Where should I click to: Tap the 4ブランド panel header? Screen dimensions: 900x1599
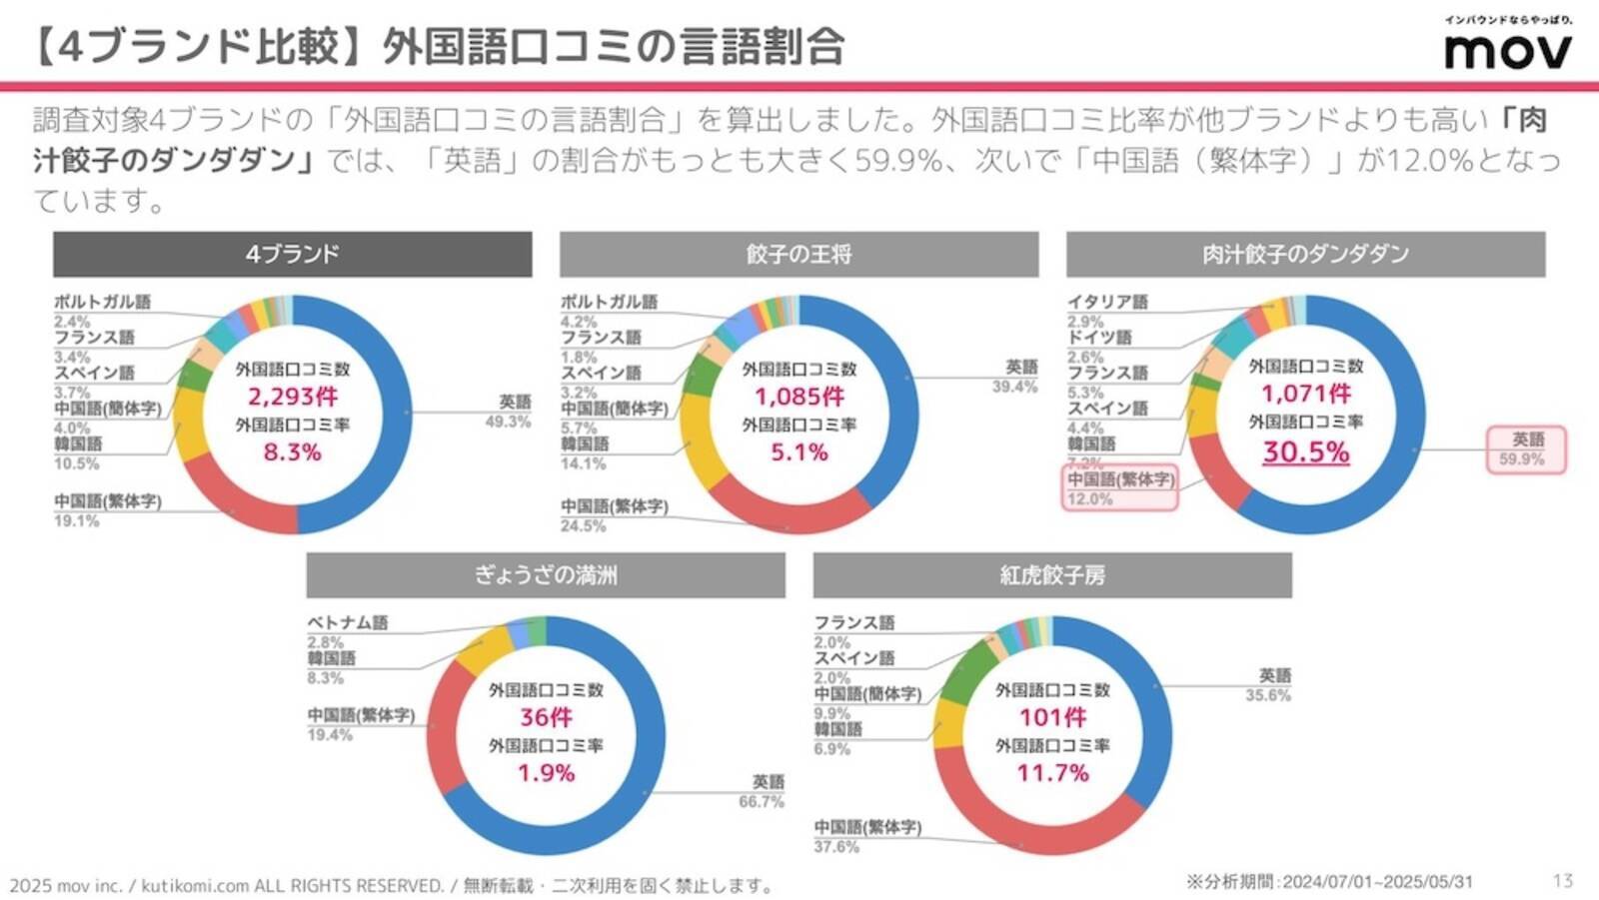click(x=292, y=254)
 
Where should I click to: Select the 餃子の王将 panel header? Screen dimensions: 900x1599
click(x=799, y=254)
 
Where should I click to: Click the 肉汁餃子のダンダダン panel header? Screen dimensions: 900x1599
click(x=1305, y=254)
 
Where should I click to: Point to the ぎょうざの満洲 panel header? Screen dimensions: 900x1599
click(x=546, y=574)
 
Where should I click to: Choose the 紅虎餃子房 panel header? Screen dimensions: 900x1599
click(x=1052, y=574)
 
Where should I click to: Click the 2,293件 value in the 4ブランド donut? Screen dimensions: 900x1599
click(x=293, y=397)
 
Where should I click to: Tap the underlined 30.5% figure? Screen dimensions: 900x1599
click(x=1305, y=451)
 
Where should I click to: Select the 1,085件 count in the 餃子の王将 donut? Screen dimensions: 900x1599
click(x=799, y=397)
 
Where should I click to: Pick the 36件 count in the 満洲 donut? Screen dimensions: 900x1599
click(x=546, y=717)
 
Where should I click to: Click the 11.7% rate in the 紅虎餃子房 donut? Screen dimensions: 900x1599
click(x=1052, y=773)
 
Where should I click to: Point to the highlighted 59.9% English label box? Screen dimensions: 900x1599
click(x=1526, y=450)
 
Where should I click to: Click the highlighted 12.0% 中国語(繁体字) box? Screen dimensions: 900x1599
click(x=1119, y=488)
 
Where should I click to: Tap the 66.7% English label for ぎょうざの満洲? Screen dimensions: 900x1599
click(x=762, y=802)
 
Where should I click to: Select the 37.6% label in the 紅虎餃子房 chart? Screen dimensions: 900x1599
click(x=836, y=847)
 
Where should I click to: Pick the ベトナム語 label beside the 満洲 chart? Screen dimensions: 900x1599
click(x=347, y=622)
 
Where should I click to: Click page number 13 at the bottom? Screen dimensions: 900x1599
click(x=1563, y=881)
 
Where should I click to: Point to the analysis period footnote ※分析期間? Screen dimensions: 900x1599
click(x=1329, y=882)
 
